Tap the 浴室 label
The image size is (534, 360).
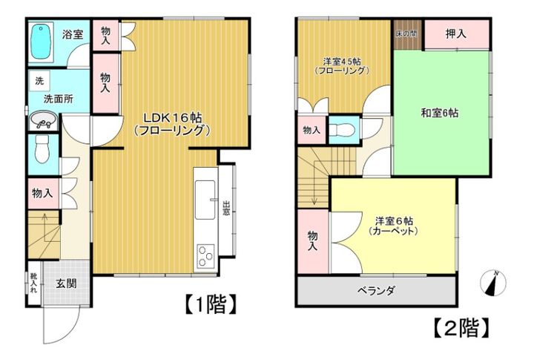point(72,34)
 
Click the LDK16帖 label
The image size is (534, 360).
point(173,122)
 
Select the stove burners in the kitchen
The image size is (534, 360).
point(204,257)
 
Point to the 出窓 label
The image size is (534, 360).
point(226,207)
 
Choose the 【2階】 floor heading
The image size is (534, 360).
point(460,327)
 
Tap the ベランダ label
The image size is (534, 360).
point(374,289)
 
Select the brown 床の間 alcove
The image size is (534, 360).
point(406,35)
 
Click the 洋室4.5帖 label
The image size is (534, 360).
point(342,65)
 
